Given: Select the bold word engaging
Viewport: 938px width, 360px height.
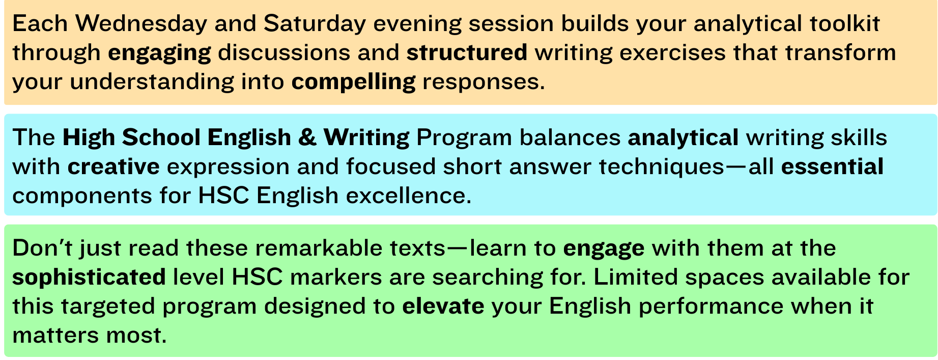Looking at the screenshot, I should point(159,53).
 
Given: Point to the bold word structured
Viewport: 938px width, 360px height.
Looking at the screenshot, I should point(467,53).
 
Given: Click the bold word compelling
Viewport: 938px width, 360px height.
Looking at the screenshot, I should point(353,82).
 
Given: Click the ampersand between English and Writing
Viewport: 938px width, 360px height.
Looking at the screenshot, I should point(307,137).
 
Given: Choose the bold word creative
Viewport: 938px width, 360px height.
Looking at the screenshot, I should point(113,167).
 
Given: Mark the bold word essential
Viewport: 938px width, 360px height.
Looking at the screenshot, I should point(832,167).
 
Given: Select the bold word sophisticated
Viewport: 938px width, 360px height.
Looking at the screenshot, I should point(89,278).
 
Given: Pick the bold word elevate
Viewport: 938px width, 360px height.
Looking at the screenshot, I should point(443,307).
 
